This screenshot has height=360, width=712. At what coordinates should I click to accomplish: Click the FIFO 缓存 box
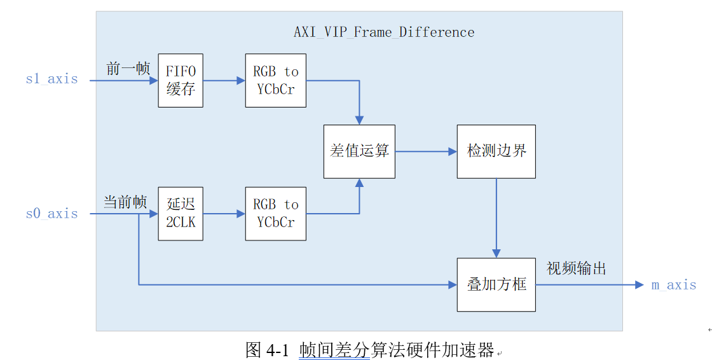tap(181, 80)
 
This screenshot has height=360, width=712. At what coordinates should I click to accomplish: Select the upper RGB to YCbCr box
tap(275, 80)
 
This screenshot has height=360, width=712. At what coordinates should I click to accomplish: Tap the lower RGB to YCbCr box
tap(275, 214)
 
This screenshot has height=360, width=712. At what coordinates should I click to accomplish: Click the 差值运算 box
tap(359, 151)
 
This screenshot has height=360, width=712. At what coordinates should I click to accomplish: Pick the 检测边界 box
tap(496, 151)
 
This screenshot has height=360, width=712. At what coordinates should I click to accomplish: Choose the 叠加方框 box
tap(496, 284)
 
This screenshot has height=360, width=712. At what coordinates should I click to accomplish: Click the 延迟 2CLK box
tap(181, 214)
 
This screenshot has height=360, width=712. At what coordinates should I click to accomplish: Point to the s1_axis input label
tap(51, 80)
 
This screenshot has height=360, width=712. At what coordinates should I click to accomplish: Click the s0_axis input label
tap(51, 214)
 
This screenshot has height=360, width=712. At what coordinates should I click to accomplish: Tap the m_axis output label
tap(673, 285)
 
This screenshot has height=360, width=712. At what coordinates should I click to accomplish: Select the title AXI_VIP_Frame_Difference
tap(384, 32)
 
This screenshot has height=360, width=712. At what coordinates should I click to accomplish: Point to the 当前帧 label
tap(125, 202)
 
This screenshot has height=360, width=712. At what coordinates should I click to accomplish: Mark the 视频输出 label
tap(576, 268)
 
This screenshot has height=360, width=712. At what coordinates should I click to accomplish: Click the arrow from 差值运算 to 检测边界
tap(426, 151)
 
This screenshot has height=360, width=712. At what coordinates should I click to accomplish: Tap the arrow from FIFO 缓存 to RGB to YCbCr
tap(224, 80)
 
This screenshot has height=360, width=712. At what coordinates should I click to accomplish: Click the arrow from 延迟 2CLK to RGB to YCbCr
tap(224, 214)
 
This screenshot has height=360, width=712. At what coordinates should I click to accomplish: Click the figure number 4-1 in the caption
tap(278, 349)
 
